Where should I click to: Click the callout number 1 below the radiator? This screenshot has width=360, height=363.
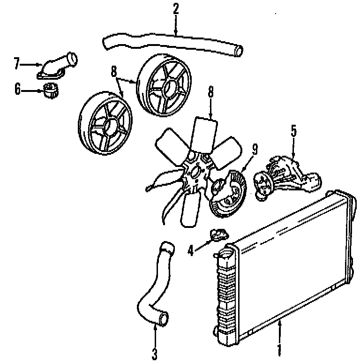point(279,349)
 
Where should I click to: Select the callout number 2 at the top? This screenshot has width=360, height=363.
point(176,8)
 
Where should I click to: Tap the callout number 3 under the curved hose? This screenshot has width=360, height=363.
point(155,353)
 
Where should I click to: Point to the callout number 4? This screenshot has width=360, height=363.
point(190,251)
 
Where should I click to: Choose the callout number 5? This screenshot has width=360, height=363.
point(294,131)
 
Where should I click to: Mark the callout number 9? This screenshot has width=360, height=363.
point(255,150)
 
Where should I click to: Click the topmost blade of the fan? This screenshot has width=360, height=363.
point(205,134)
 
